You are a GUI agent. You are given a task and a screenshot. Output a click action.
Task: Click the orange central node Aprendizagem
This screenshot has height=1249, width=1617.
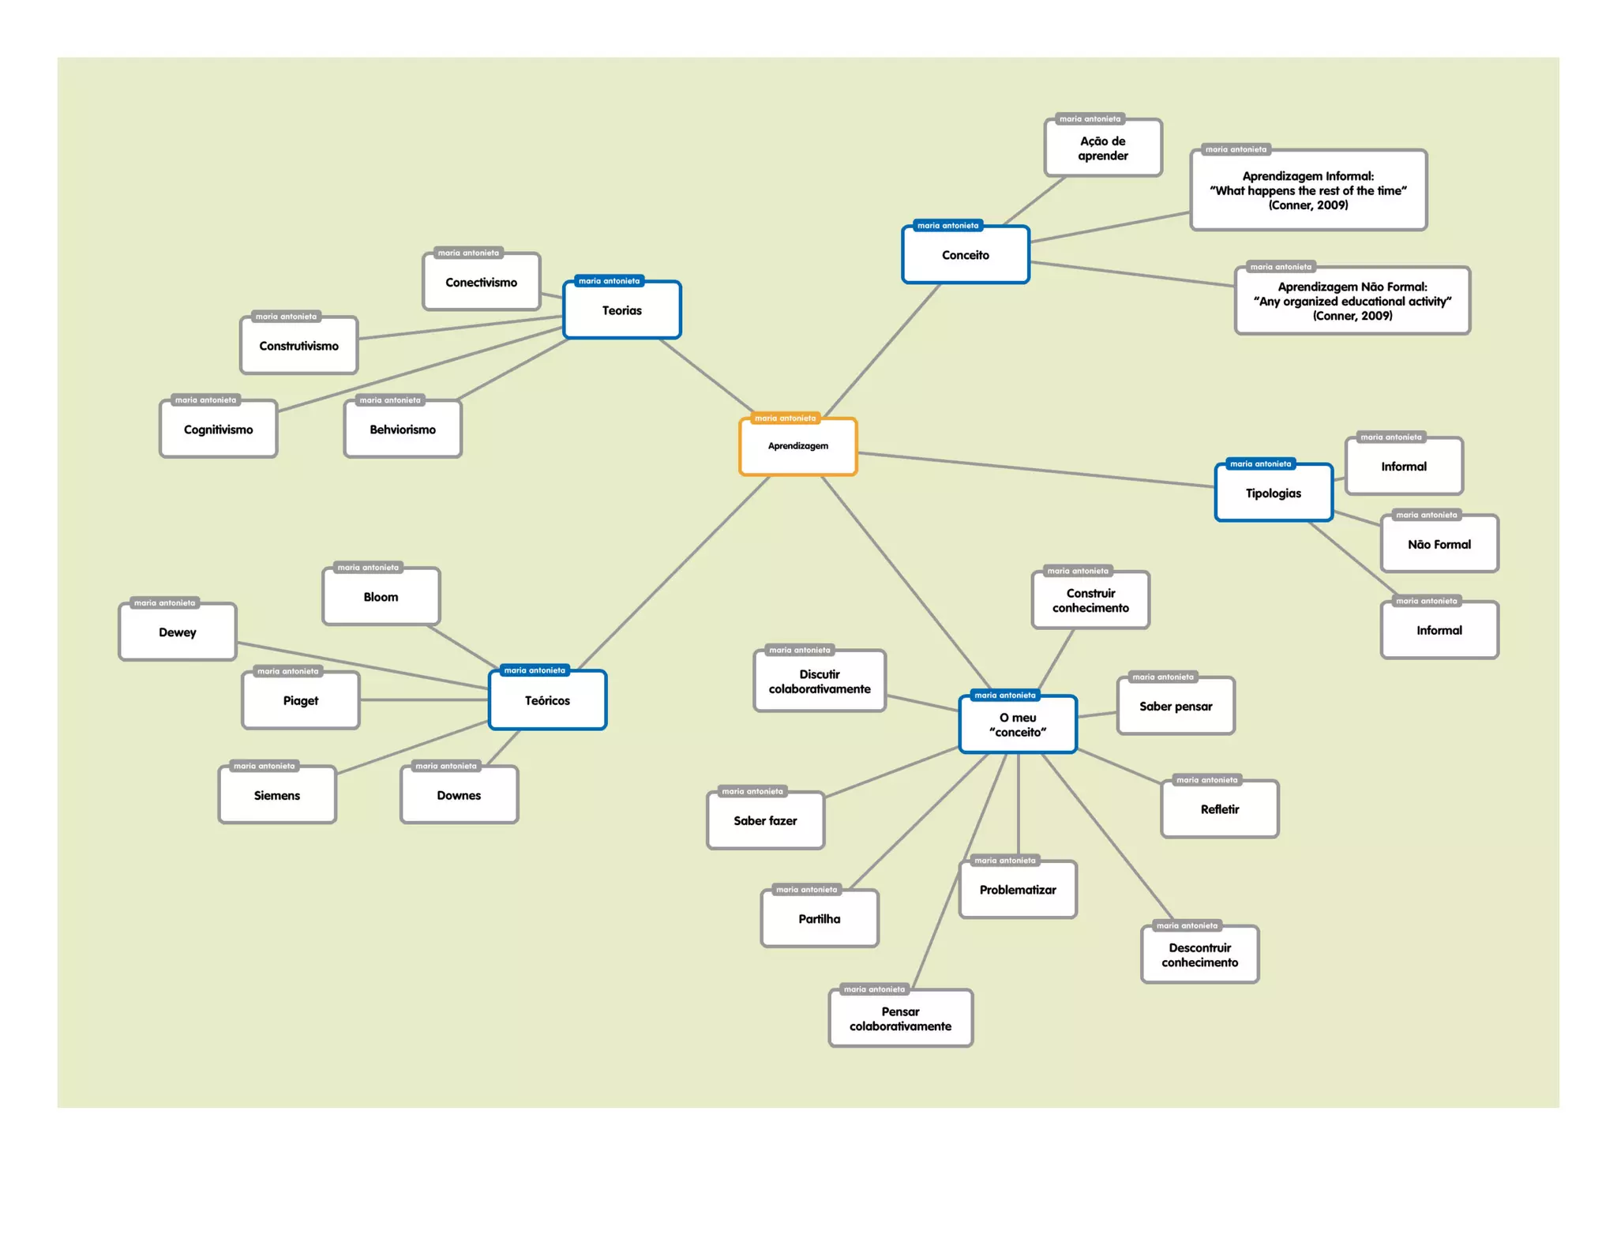[797, 446]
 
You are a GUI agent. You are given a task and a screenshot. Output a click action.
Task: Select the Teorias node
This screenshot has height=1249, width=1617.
[621, 310]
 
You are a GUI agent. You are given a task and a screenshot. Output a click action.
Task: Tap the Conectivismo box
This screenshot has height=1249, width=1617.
[481, 282]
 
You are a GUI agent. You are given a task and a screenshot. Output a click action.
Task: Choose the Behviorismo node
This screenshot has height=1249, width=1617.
[403, 429]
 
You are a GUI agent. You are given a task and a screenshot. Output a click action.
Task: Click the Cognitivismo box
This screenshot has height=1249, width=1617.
[218, 429]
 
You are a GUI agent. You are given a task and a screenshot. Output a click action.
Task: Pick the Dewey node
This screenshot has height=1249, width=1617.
[177, 632]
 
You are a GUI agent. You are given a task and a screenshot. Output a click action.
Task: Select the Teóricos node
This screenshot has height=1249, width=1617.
[547, 700]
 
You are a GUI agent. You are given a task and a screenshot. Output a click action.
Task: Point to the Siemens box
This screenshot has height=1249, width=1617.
[276, 795]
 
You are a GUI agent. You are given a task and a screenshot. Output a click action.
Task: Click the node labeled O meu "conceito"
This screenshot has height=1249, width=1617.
[1018, 725]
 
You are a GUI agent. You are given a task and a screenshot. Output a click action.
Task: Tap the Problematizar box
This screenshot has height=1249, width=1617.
[1018, 890]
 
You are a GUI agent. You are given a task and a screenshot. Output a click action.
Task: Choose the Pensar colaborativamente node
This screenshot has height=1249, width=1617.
[900, 1018]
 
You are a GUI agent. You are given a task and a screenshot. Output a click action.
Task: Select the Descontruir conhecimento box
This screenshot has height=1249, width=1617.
[1199, 955]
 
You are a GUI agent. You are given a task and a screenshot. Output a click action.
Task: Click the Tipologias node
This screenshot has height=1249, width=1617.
[1273, 493]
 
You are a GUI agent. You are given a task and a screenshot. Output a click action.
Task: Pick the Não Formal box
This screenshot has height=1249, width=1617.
[1439, 544]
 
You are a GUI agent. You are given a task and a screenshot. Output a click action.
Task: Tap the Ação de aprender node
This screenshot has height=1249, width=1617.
[1102, 148]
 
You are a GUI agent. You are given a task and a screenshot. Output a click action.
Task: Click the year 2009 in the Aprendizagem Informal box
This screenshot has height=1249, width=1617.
[1332, 205]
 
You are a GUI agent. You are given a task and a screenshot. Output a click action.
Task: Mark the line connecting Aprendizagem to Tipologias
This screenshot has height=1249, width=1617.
[1034, 470]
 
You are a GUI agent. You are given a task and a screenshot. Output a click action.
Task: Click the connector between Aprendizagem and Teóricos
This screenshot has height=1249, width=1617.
[675, 572]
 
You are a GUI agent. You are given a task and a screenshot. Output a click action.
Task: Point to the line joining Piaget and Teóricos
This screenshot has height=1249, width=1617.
[424, 700]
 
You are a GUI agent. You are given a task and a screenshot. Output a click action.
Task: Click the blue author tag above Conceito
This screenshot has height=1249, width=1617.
[947, 226]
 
